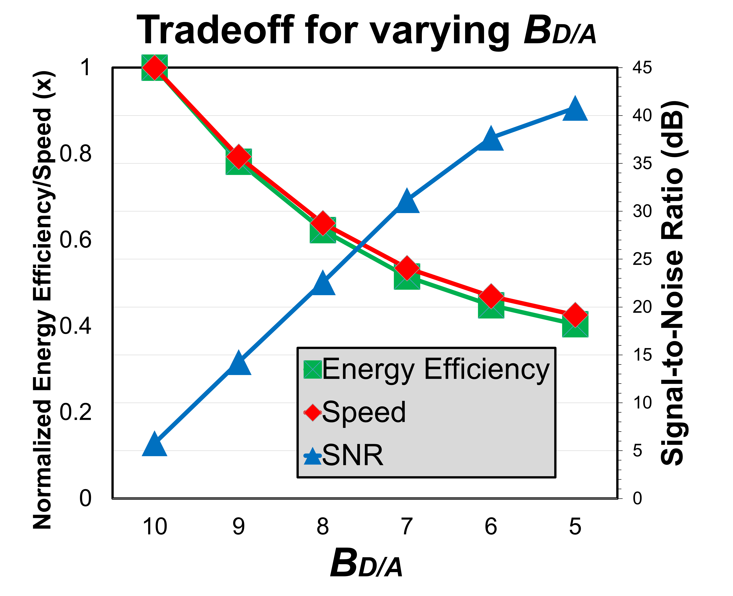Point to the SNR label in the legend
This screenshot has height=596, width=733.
click(353, 455)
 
